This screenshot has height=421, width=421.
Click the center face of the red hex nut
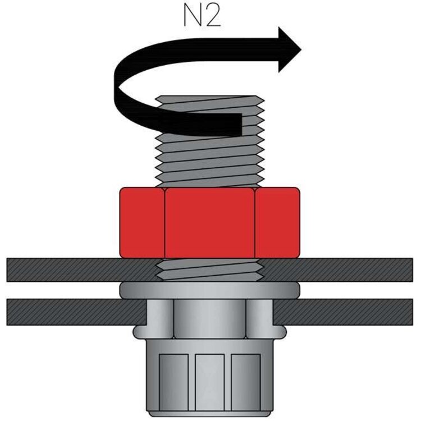pos(210,222)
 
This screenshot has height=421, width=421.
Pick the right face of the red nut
pos(277,222)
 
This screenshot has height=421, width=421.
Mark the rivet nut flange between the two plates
pos(210,290)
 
